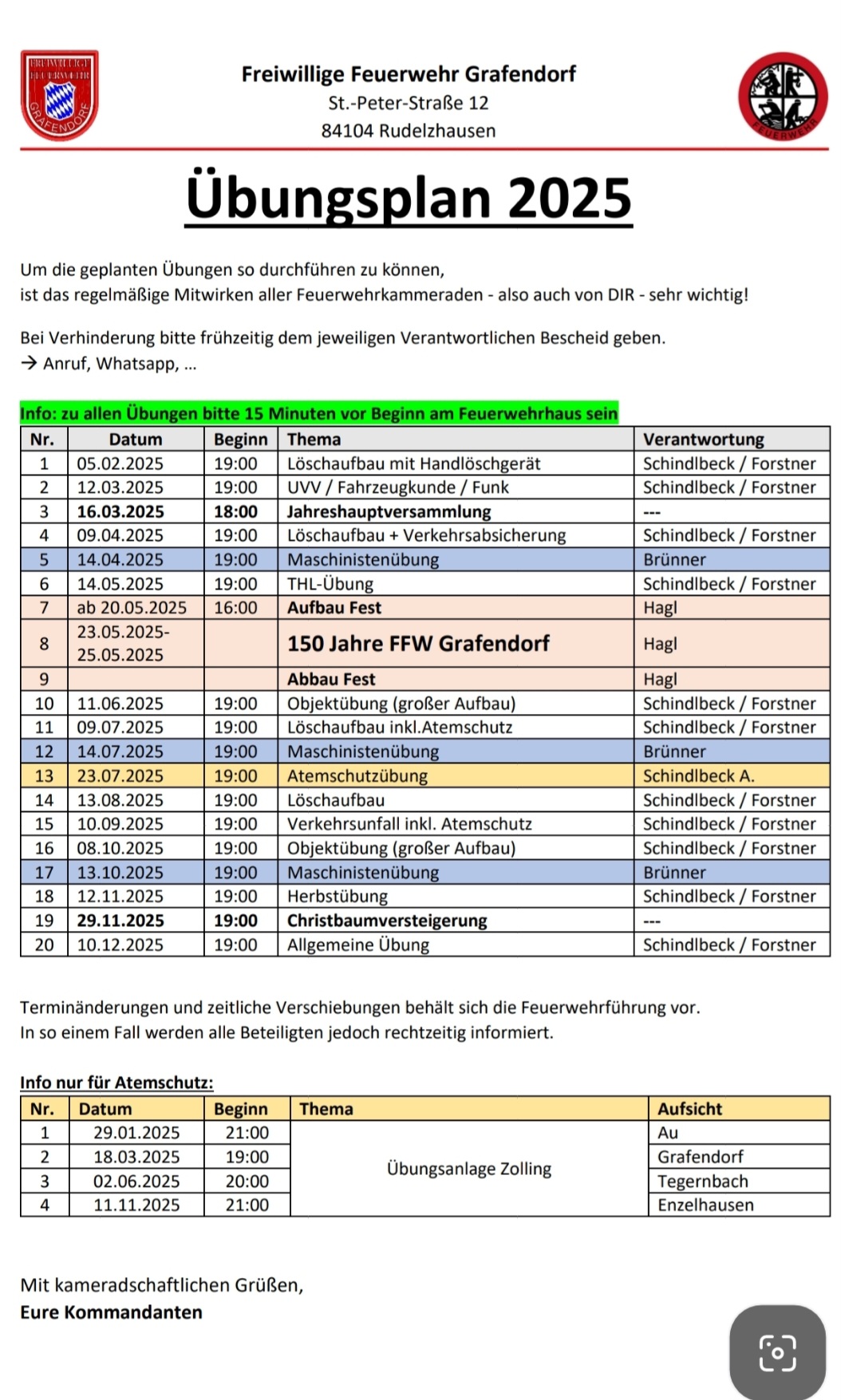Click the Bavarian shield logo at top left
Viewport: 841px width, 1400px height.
(x=59, y=95)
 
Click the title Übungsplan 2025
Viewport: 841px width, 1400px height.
(x=409, y=199)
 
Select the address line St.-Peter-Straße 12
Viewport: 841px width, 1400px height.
(x=408, y=103)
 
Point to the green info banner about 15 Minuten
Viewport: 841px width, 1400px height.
(x=319, y=413)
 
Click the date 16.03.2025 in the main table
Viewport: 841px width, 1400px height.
(x=120, y=511)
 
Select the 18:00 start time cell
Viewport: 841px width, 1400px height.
(x=235, y=511)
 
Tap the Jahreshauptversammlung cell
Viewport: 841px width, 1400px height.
(x=389, y=511)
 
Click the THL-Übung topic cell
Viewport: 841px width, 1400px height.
(x=330, y=584)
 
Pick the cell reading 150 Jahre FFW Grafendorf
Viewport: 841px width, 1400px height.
(x=418, y=644)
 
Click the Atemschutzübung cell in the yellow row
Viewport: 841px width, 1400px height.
(x=357, y=775)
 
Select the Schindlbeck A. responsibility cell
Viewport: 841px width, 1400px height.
(x=699, y=775)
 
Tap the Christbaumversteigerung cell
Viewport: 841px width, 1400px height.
(x=387, y=921)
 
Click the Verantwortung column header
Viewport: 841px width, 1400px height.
(x=703, y=439)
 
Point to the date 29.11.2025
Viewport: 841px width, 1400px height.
(x=120, y=921)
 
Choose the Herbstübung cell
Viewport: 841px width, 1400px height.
(x=338, y=897)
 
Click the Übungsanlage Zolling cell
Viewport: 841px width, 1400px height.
(x=468, y=1169)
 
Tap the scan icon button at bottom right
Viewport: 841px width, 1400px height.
(x=777, y=1352)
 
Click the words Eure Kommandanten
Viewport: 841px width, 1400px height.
(x=111, y=1312)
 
